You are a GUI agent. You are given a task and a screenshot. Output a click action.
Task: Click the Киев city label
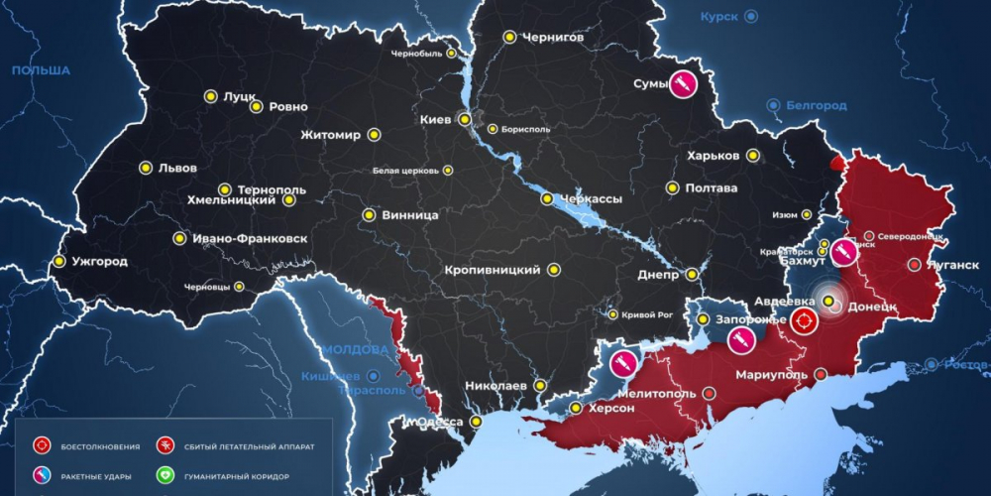(435, 119)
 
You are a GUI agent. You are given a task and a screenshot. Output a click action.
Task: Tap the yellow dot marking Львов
(146, 168)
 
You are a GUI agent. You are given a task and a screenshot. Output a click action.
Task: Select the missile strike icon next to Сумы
(682, 85)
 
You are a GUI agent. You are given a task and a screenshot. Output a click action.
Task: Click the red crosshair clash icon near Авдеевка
(804, 320)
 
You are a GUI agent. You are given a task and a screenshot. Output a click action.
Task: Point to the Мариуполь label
(773, 375)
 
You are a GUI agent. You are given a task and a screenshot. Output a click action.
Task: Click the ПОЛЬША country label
(41, 70)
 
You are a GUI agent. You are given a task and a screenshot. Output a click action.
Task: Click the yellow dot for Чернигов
(509, 37)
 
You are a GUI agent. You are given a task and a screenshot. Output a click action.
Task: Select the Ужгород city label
(99, 262)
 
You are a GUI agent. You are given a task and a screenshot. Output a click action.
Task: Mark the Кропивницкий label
(493, 269)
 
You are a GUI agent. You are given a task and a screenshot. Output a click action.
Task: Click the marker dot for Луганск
(913, 265)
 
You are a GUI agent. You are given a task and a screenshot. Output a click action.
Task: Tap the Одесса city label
(437, 422)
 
